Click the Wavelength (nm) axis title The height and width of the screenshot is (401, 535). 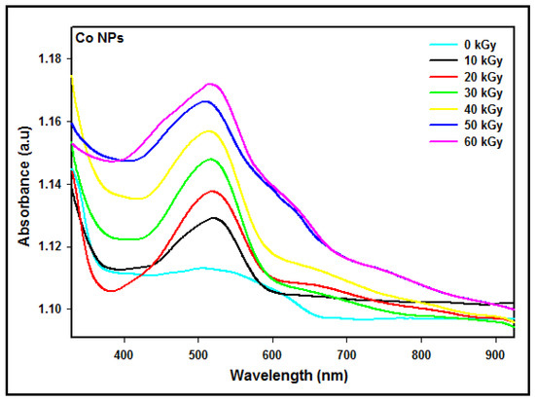[x=291, y=375]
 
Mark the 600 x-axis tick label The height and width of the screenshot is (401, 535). [x=272, y=355]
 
